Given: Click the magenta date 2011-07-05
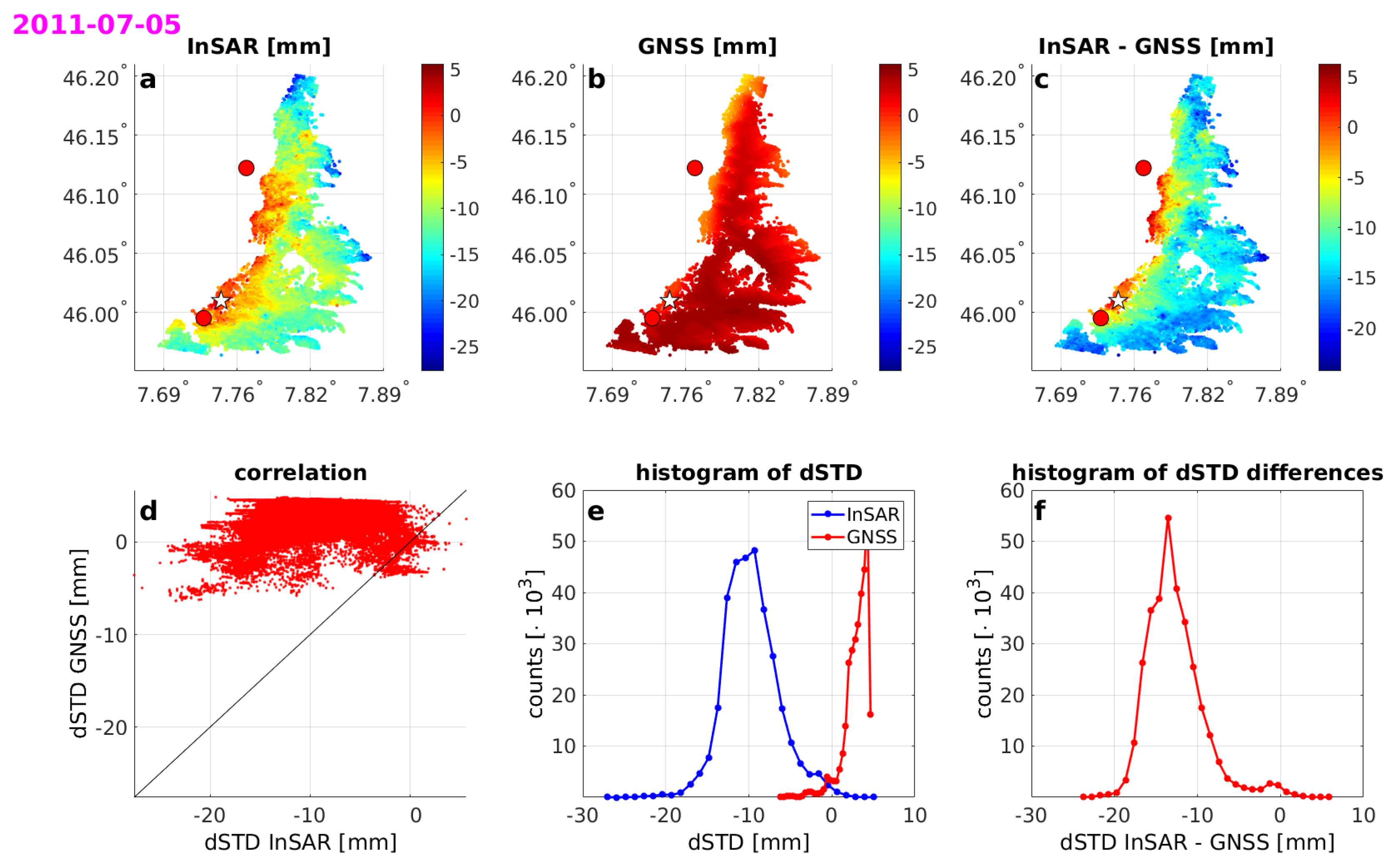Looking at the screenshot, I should (x=96, y=25).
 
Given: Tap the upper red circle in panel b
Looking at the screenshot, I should (x=694, y=168).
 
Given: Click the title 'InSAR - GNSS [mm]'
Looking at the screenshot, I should (x=1155, y=46).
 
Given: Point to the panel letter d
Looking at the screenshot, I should (x=148, y=510).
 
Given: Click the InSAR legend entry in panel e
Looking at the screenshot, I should (x=872, y=514).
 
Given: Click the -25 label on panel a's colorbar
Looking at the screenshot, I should (x=463, y=347).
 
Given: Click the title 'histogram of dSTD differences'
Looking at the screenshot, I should (x=1197, y=473).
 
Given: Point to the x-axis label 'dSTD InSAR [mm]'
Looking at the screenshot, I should (x=300, y=842).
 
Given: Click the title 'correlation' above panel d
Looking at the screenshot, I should (x=300, y=473).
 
